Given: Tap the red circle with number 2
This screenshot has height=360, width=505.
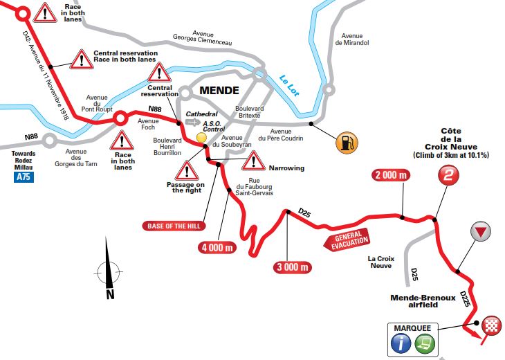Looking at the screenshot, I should click(x=448, y=177).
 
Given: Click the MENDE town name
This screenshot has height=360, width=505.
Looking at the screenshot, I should click(x=219, y=90).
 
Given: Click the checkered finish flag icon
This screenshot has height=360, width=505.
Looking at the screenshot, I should click(x=492, y=324).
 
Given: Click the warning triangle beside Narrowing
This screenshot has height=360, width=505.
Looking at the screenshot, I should click(x=254, y=161).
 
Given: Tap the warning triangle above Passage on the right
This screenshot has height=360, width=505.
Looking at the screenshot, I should click(x=187, y=170).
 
